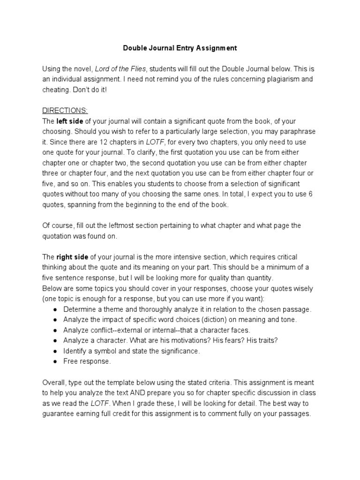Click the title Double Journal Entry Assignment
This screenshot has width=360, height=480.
180,48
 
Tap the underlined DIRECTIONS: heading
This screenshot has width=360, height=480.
65,111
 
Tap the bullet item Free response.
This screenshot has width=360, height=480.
87,361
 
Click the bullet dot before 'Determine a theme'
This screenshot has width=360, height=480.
55,309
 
